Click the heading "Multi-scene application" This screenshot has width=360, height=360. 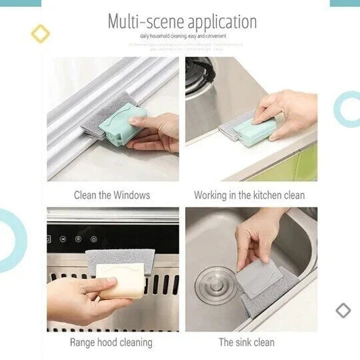(182, 21)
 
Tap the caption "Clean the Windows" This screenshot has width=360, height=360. (112, 195)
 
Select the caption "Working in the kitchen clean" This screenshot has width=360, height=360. (249, 195)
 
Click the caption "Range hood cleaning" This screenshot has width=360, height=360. (111, 342)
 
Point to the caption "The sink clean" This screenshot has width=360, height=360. (247, 342)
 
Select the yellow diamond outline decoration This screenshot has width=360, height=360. (41, 33)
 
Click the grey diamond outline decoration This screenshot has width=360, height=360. (343, 310)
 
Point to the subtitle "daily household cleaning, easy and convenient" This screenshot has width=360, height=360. (182, 36)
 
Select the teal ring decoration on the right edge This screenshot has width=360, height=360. (349, 109)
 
